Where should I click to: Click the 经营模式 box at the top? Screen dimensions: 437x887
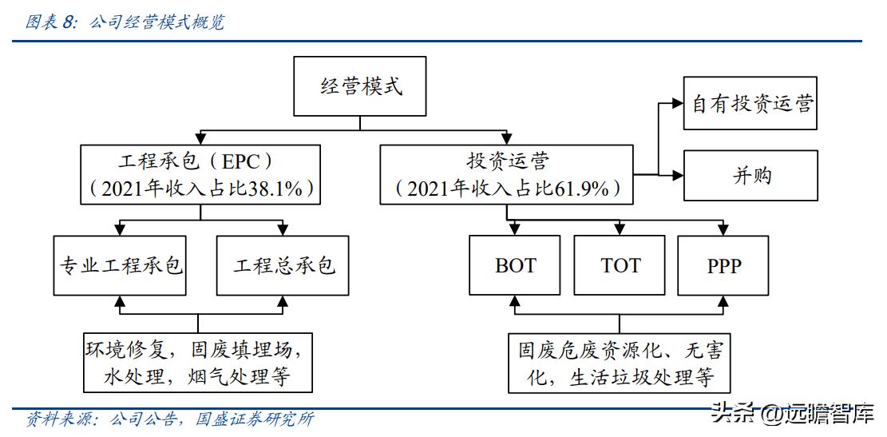[361, 86]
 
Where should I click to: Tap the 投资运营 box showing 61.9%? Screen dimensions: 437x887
[507, 173]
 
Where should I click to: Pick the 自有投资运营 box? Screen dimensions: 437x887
[750, 104]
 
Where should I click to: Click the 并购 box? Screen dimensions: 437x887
[750, 175]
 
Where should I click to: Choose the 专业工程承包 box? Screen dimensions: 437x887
[120, 265]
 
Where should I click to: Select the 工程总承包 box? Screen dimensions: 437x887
[283, 265]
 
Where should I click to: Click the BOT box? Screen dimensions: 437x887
[516, 265]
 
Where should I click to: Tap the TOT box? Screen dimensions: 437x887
[620, 265]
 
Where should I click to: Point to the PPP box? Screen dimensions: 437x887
[723, 265]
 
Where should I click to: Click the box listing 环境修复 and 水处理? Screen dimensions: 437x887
[198, 363]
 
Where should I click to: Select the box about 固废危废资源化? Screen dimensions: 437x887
[620, 363]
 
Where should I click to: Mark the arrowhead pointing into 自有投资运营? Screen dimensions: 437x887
[679, 104]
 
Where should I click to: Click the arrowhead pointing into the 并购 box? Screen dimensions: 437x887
[679, 174]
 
